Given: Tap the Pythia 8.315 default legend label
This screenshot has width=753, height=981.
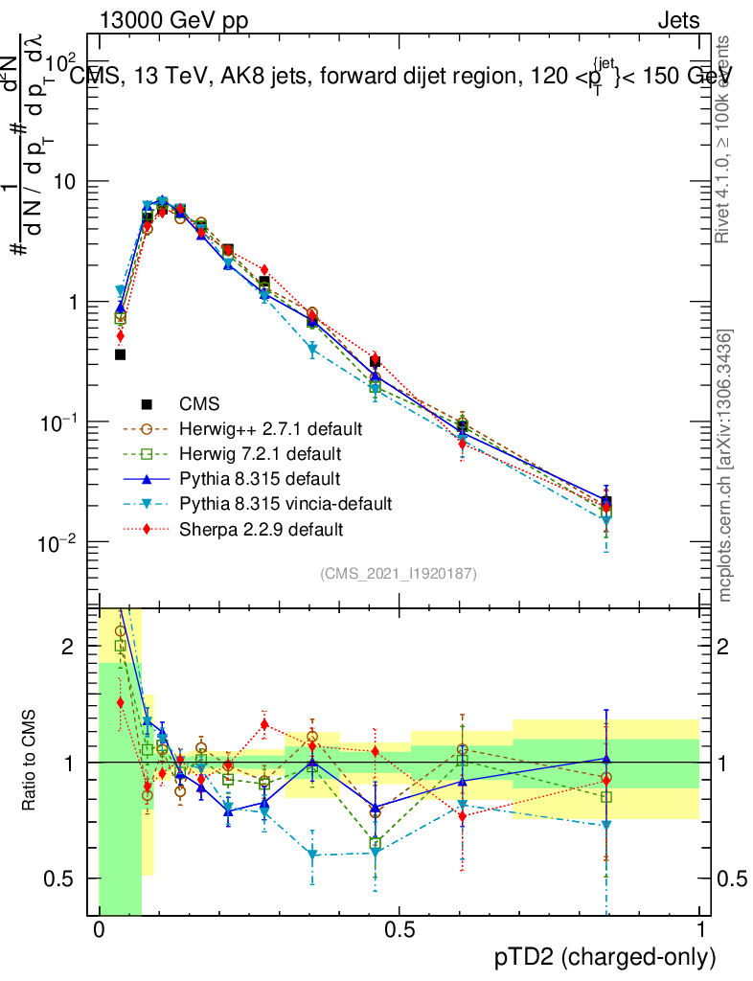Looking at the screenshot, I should pyautogui.click(x=254, y=477).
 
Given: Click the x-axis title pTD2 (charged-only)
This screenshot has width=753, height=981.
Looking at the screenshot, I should pyautogui.click(x=605, y=955).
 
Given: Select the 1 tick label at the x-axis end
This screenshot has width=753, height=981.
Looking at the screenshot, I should pyautogui.click(x=699, y=930).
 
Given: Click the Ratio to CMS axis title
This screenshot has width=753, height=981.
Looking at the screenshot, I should pyautogui.click(x=28, y=763).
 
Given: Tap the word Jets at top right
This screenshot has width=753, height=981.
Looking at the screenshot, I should pyautogui.click(x=677, y=20).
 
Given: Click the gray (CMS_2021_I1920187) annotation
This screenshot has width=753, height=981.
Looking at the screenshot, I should pyautogui.click(x=399, y=573).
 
